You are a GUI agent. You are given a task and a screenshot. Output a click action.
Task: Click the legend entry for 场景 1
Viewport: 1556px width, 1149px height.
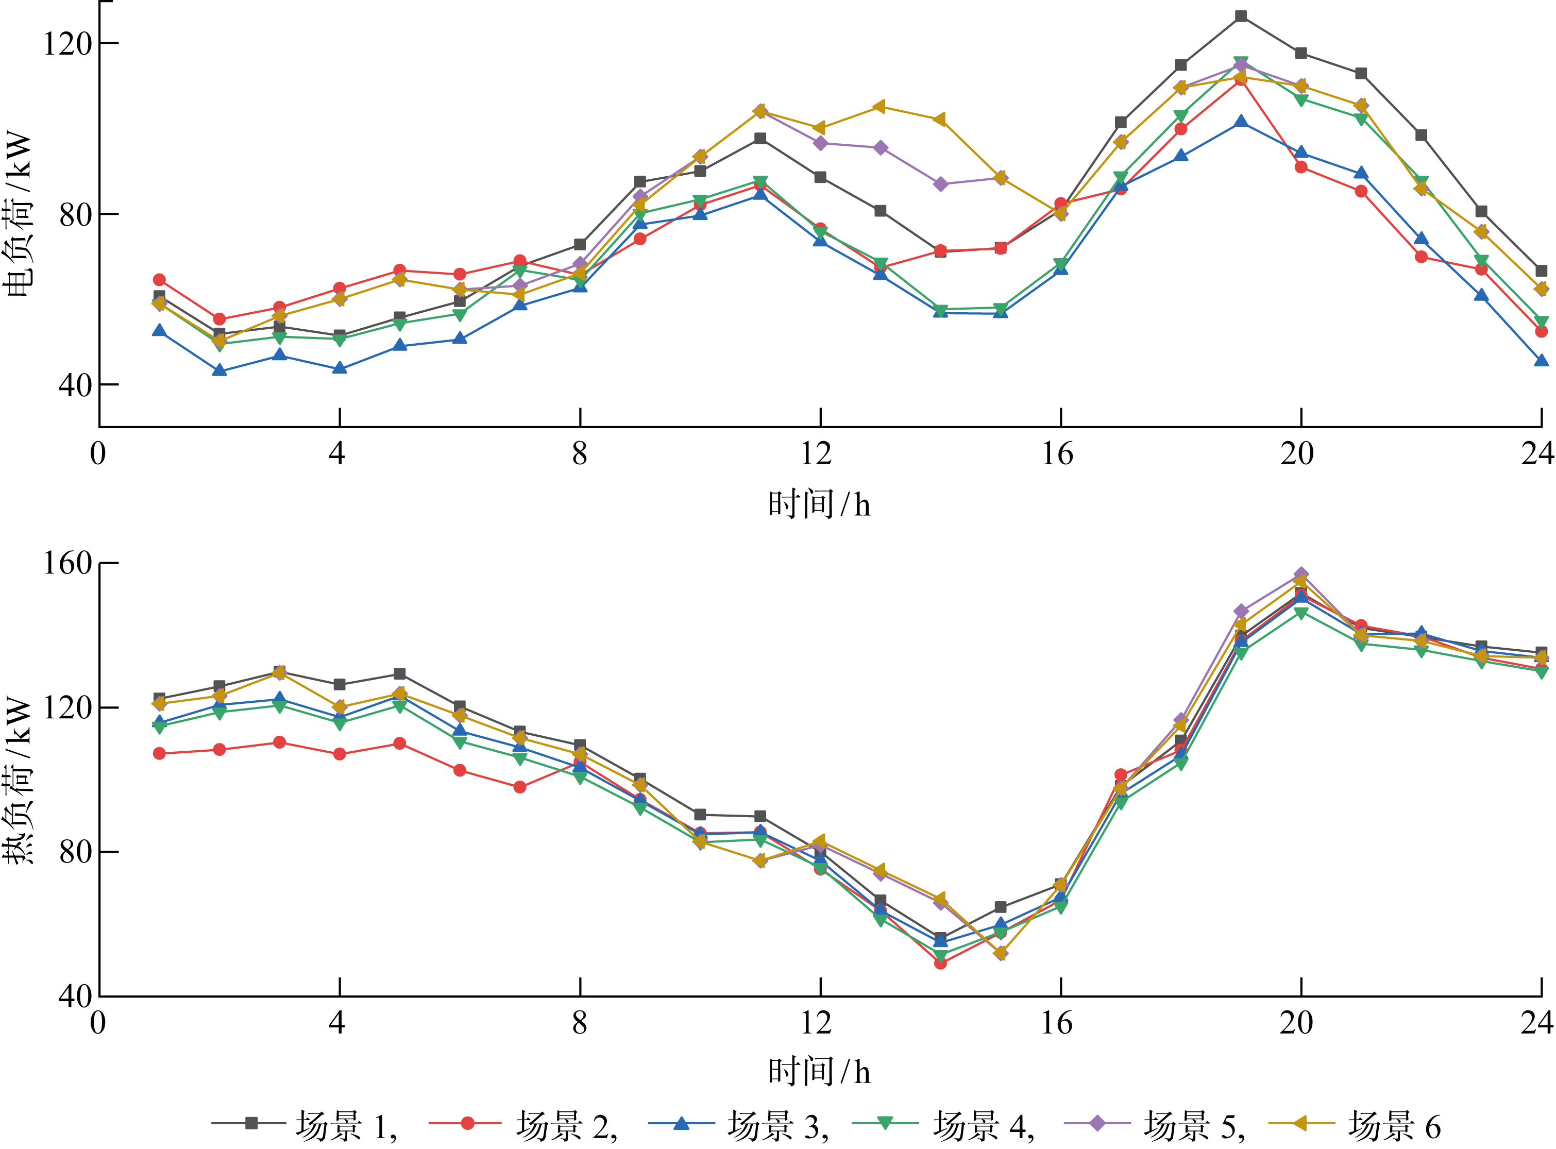(306, 1125)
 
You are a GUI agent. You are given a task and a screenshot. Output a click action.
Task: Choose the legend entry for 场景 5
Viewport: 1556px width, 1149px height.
(1155, 1125)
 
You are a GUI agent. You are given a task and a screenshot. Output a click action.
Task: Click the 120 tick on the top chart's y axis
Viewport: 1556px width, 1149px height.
(67, 43)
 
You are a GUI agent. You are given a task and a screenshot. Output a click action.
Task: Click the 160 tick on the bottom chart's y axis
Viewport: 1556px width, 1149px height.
(67, 563)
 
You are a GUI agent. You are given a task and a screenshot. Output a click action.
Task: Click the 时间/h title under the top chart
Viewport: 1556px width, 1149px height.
(819, 504)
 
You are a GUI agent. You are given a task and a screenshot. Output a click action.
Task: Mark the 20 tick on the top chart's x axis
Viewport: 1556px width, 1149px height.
(1297, 454)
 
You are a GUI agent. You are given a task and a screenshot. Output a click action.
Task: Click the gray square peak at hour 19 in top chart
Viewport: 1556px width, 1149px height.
(1241, 16)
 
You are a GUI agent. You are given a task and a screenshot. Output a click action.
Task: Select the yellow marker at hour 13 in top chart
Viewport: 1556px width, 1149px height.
(880, 107)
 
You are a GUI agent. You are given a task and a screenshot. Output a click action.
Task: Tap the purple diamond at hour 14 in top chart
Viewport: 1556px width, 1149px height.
(940, 184)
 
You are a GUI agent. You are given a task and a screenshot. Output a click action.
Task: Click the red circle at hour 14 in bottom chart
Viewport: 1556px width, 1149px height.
(940, 964)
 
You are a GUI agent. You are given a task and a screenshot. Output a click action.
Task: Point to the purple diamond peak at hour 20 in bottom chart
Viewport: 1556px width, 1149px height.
(1301, 575)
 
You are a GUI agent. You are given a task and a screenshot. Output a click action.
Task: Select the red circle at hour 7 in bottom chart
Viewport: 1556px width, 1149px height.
(519, 787)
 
